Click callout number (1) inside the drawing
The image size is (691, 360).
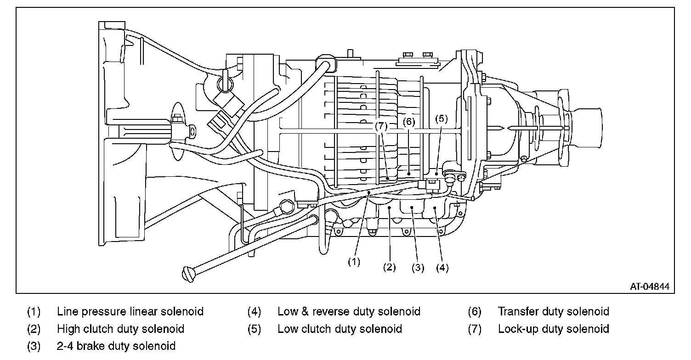point(354,262)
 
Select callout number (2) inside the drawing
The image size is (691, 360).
point(389,268)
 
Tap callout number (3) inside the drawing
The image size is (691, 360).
point(418,268)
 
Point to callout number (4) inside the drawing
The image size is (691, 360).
point(442,268)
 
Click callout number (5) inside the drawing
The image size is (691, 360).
point(441,118)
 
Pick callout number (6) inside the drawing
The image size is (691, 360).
point(409,122)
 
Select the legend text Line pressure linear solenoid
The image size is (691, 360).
point(130,312)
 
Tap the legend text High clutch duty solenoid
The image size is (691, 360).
point(120,329)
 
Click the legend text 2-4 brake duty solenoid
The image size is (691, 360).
point(116,346)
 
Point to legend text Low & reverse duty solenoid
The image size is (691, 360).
point(349,312)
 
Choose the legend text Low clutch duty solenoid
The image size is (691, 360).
point(340,329)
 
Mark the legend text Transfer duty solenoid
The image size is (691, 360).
point(553,312)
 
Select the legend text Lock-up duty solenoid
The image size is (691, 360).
point(553,329)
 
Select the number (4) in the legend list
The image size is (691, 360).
point(254,312)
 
